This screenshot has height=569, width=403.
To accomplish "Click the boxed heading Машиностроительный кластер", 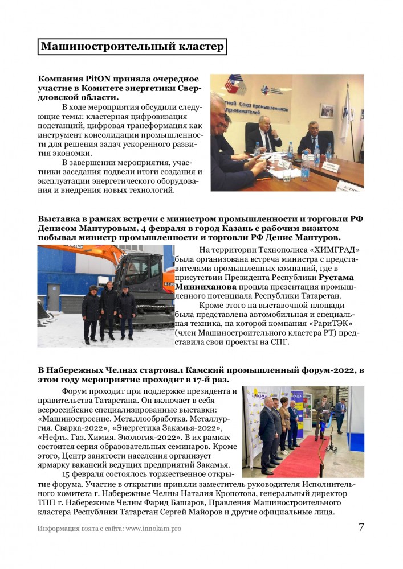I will (132, 46).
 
